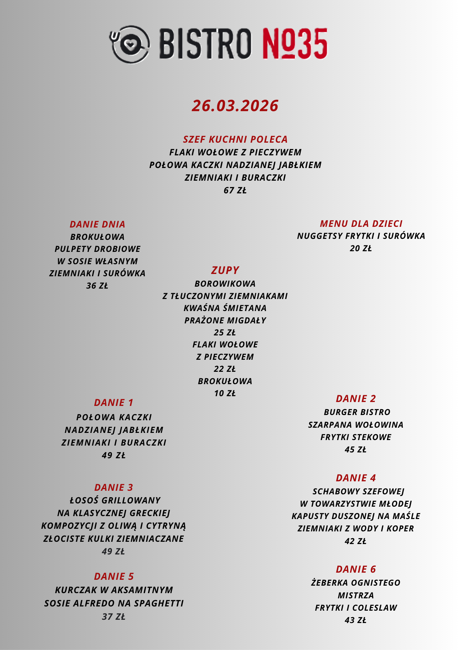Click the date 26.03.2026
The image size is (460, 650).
[235, 106]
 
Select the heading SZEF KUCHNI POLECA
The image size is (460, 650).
[235, 139]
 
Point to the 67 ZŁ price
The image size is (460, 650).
[235, 190]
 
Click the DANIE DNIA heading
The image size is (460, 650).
[98, 224]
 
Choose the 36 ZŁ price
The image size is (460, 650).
[97, 286]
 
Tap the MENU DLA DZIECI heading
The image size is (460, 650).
[361, 224]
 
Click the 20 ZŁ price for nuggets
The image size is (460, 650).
[361, 248]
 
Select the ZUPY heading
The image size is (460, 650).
[225, 270]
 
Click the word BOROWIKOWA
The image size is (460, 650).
[225, 284]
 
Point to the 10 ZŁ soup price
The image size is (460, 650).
[225, 393]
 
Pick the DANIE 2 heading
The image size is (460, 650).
[356, 398]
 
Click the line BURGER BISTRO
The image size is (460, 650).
[357, 412]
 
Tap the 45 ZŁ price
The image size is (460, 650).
[356, 449]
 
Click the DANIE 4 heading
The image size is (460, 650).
[356, 478]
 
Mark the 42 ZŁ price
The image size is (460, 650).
[356, 541]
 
